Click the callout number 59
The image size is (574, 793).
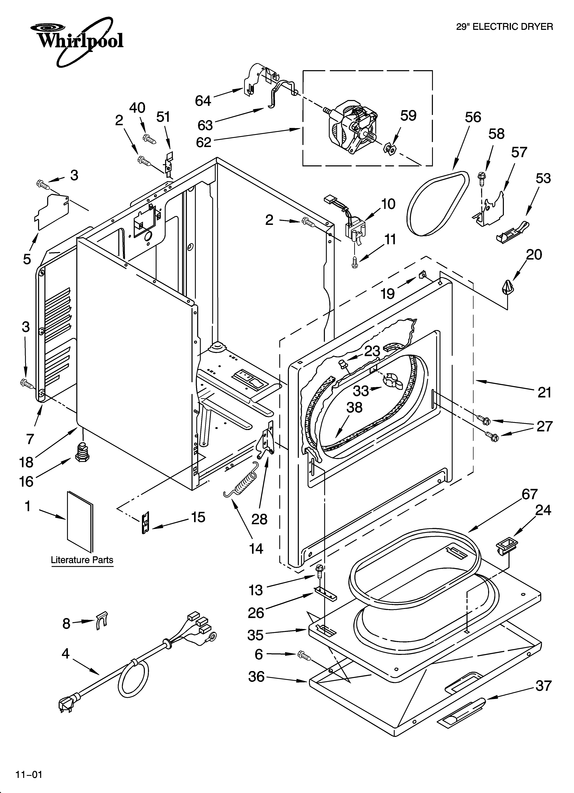408,116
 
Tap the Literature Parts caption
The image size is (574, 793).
82,560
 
